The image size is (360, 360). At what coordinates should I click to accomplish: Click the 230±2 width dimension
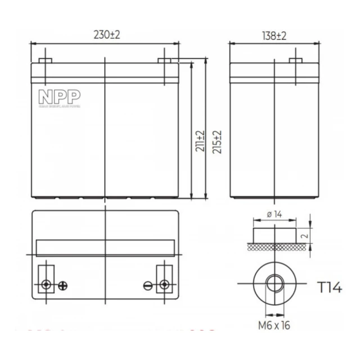coord(106,35)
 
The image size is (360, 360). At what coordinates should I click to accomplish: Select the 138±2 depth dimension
coord(274,35)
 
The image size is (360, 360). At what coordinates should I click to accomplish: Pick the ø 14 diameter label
coord(273,214)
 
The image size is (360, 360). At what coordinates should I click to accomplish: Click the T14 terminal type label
coord(329,289)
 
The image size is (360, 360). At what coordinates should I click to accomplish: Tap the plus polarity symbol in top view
coord(63,285)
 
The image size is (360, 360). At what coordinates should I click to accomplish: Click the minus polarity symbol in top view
coord(148,285)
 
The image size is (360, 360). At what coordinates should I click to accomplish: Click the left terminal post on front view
coord(46,61)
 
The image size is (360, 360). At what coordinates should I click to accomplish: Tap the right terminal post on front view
coord(165,61)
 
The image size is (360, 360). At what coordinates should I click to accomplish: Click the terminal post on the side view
coord(295,61)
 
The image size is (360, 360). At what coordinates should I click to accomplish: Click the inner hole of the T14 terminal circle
coord(274,284)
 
